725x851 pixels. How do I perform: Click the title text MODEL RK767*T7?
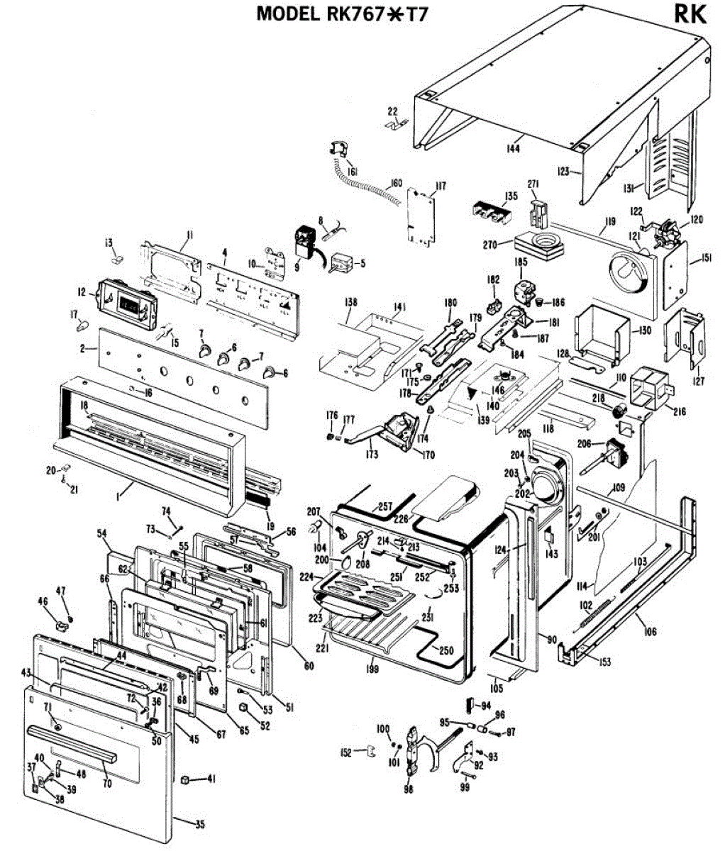(x=343, y=13)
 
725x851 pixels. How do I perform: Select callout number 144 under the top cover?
(x=512, y=148)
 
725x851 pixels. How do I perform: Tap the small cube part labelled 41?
(x=186, y=779)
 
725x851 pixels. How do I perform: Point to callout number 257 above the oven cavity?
(x=385, y=506)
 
